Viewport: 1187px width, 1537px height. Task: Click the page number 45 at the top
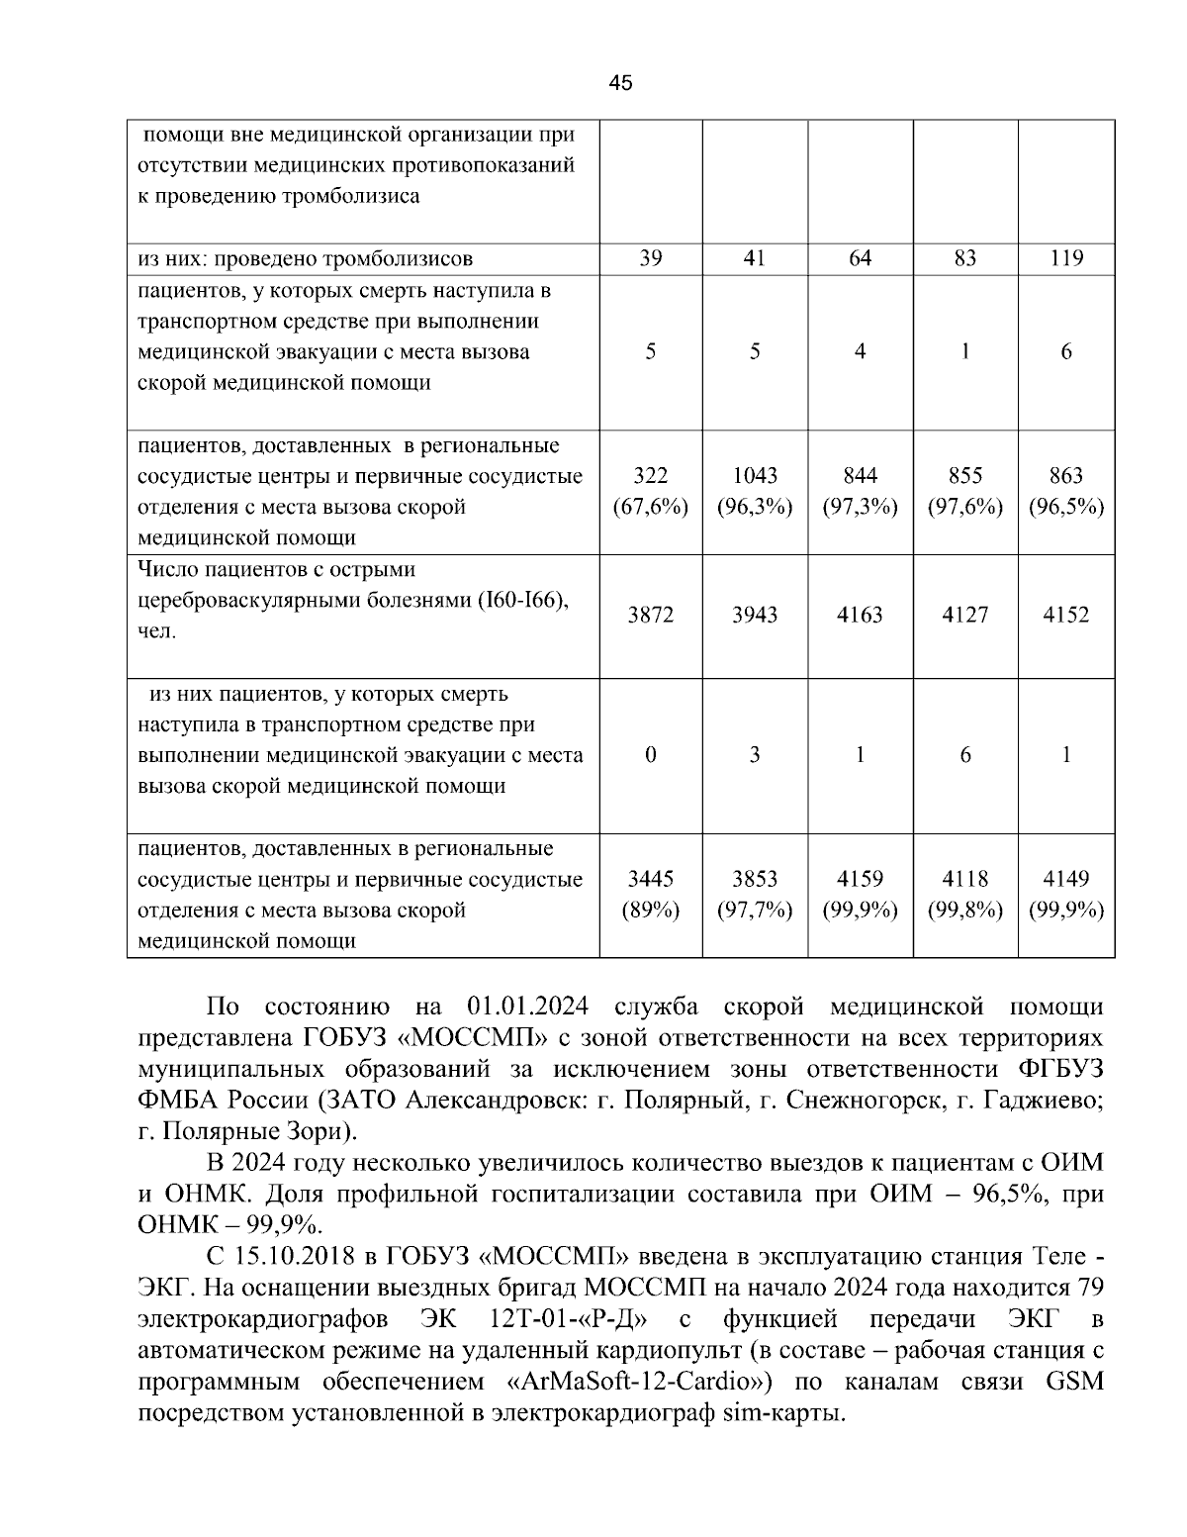tap(620, 83)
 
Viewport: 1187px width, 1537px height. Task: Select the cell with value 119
tap(1065, 259)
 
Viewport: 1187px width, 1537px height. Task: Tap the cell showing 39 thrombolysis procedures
tap(650, 259)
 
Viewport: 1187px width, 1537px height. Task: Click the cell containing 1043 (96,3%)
tap(755, 491)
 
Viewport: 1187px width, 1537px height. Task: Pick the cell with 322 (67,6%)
tap(650, 491)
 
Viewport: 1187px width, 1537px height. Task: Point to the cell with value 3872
tap(650, 615)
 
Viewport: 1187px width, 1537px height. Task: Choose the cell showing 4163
tap(860, 615)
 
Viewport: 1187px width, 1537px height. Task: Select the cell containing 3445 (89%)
tap(650, 895)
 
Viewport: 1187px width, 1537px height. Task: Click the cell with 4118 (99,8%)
tap(964, 895)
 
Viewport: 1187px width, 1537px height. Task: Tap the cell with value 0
tap(650, 755)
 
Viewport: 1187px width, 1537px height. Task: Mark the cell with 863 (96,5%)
tap(1065, 491)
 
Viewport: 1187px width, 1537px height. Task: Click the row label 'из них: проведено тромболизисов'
tap(305, 259)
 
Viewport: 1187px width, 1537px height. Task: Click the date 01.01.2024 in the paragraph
tap(526, 1008)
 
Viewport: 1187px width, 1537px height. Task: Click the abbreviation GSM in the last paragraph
tap(1074, 1382)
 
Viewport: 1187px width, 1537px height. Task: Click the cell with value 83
tap(964, 259)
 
